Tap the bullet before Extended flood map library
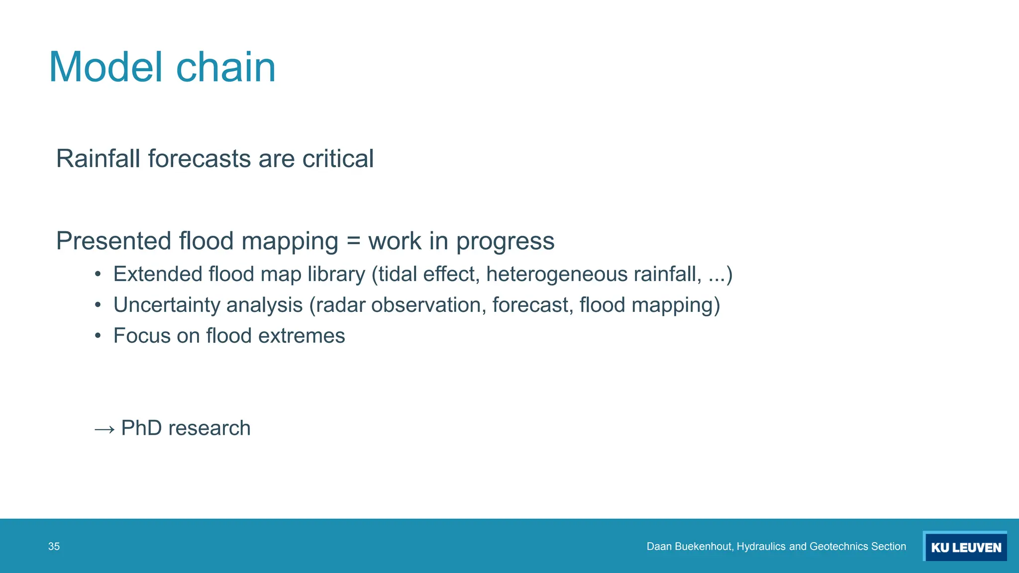(x=98, y=275)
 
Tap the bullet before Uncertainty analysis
(x=98, y=305)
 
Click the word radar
(x=341, y=305)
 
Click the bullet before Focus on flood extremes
(x=98, y=336)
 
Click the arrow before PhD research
(x=104, y=429)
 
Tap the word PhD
(x=141, y=428)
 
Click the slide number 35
(x=54, y=547)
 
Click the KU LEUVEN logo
(x=965, y=547)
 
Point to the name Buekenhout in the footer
(x=704, y=547)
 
